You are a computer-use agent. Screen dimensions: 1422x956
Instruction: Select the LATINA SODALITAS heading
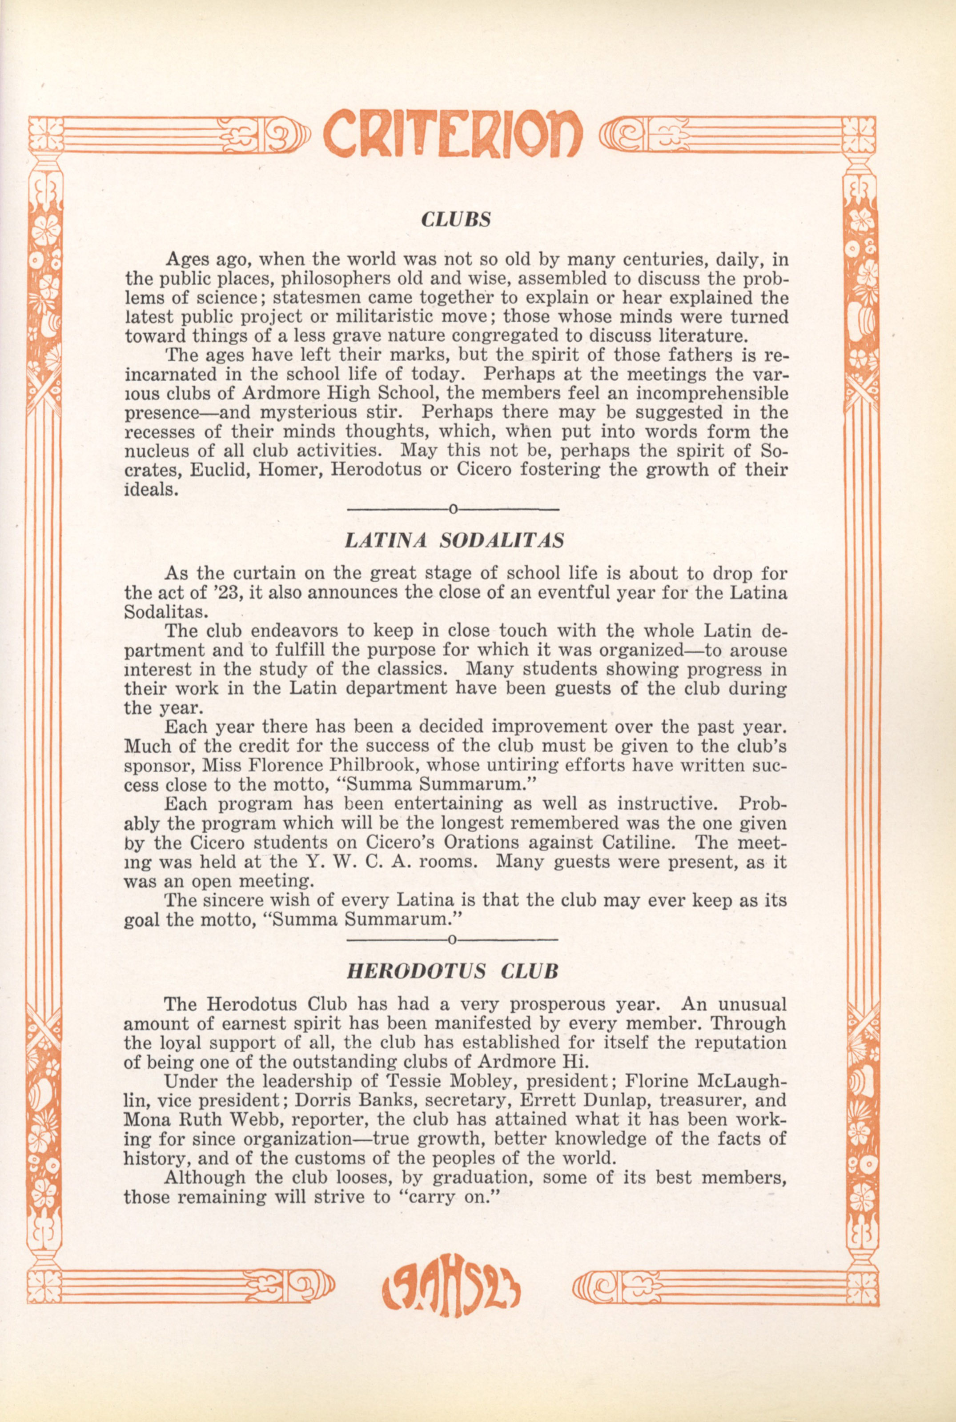click(454, 540)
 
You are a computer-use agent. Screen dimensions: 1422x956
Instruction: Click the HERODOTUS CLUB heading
click(452, 971)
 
